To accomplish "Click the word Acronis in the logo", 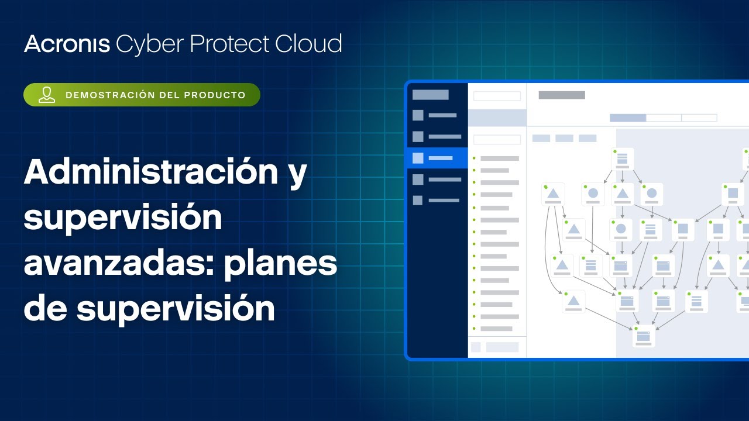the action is point(67,44).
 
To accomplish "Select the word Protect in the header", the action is point(230,44).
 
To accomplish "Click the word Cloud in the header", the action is point(308,43).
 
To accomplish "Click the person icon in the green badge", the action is point(47,95).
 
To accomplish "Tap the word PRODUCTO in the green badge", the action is point(215,95).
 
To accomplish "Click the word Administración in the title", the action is point(151,171).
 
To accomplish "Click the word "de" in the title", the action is point(46,308).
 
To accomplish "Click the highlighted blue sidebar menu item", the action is point(437,158).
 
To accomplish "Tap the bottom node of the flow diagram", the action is point(644,336).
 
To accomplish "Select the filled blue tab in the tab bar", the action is point(628,118).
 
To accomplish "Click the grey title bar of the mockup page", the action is point(562,95).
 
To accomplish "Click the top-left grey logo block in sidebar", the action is point(430,95).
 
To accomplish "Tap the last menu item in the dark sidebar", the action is point(436,201).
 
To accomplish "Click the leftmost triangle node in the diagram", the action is point(553,194).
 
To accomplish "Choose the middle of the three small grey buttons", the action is point(565,139).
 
